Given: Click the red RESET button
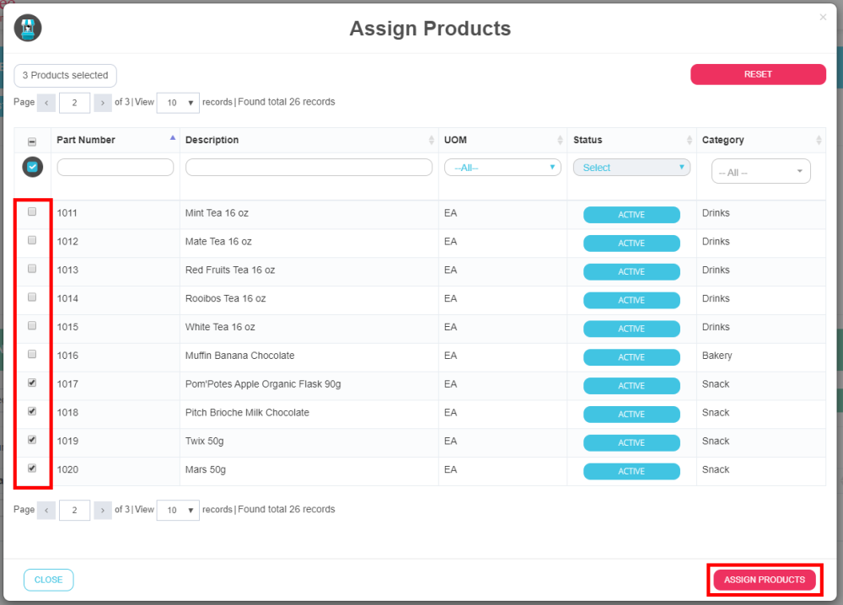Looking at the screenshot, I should (x=758, y=74).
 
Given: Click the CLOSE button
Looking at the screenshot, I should (x=49, y=580).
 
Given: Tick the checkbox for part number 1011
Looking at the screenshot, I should (x=32, y=212).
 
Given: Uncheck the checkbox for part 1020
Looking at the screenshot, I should (x=32, y=468).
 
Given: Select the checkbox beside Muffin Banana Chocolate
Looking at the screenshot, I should (x=32, y=355).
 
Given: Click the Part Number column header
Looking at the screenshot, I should (x=86, y=140).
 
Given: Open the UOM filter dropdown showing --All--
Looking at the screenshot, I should (x=502, y=168).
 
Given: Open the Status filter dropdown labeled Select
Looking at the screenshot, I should (x=631, y=168).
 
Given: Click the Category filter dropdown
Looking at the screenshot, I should (x=760, y=172).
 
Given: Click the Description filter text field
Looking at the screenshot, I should (x=309, y=168).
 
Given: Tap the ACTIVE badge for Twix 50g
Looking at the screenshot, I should (x=631, y=443).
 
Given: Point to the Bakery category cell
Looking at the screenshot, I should (x=717, y=356).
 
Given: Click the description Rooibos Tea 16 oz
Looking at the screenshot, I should (x=225, y=299).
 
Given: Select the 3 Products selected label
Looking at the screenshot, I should (x=66, y=76).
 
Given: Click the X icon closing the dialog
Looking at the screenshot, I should (x=823, y=17).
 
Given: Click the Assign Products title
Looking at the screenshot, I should (x=430, y=29).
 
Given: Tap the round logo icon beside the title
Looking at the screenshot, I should (x=28, y=29).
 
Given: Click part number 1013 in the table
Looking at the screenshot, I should (x=67, y=270).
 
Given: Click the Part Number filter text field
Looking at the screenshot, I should (x=115, y=168).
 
